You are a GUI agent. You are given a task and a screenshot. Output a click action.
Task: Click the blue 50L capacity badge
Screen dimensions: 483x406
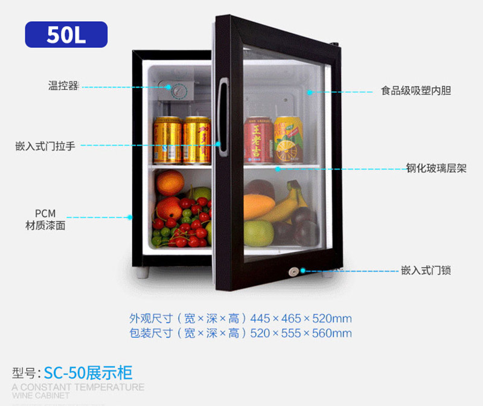(x=66, y=34)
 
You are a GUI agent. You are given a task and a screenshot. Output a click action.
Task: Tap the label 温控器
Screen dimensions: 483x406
(x=63, y=86)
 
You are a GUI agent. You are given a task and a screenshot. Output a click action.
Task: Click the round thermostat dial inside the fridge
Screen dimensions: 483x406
(x=179, y=92)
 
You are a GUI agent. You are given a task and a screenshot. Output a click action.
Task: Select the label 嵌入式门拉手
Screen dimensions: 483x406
(x=45, y=146)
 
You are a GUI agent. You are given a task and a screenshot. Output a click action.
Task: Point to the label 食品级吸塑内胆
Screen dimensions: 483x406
(x=416, y=91)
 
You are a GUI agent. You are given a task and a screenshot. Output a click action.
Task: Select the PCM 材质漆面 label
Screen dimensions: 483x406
(x=45, y=220)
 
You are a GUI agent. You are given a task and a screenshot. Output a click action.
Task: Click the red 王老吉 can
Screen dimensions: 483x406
(x=258, y=140)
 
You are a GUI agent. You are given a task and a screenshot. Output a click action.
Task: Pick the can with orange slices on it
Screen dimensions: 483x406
(x=288, y=140)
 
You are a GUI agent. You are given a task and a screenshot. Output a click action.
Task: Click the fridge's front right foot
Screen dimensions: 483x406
(x=327, y=273)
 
